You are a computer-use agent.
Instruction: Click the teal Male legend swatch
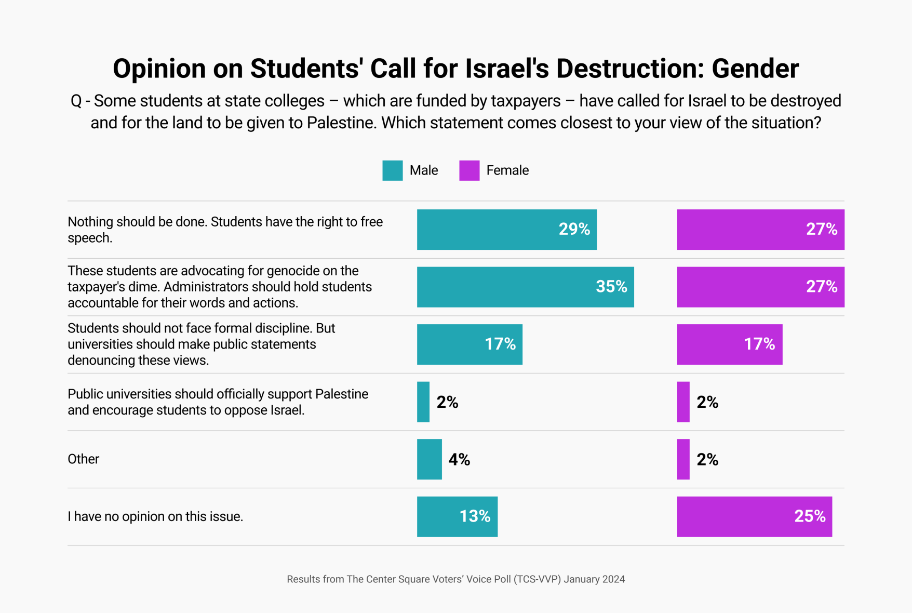click(x=392, y=170)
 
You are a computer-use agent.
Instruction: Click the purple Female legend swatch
click(x=469, y=170)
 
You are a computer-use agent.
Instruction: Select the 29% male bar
click(x=506, y=230)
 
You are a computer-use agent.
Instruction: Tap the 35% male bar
click(x=525, y=287)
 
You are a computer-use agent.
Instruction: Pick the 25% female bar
click(x=754, y=516)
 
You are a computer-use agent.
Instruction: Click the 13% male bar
click(x=457, y=516)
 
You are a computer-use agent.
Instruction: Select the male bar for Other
click(x=429, y=459)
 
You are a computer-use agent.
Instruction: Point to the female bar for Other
click(x=683, y=459)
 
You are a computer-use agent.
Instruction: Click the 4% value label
click(x=459, y=459)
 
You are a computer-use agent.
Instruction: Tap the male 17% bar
click(x=470, y=344)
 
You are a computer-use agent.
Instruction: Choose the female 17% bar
click(x=729, y=344)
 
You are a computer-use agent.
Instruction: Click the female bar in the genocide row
click(x=760, y=287)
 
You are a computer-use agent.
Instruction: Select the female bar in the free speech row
click(x=760, y=230)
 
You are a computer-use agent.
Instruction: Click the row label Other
click(x=83, y=459)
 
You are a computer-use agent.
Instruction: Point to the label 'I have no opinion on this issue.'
click(x=155, y=516)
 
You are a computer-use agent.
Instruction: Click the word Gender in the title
click(x=755, y=69)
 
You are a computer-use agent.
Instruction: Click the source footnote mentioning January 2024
click(x=455, y=579)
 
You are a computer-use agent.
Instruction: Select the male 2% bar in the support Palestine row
click(x=423, y=402)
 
